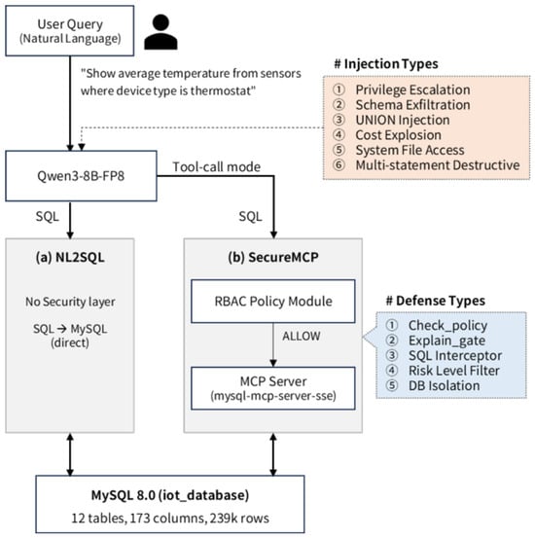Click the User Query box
click(x=70, y=30)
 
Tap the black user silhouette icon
click(x=160, y=32)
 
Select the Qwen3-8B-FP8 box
click(x=81, y=176)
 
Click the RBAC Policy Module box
click(x=273, y=302)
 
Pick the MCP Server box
click(x=273, y=388)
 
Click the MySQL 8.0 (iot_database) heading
click(x=170, y=495)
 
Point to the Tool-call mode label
click(x=217, y=166)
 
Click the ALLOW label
click(x=302, y=336)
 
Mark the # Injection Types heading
click(x=386, y=64)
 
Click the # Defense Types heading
click(x=436, y=301)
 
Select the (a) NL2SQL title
click(x=70, y=257)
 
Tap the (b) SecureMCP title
click(x=273, y=257)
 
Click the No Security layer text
click(x=70, y=302)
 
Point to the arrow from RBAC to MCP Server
click(x=273, y=344)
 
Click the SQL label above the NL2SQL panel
click(x=48, y=217)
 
